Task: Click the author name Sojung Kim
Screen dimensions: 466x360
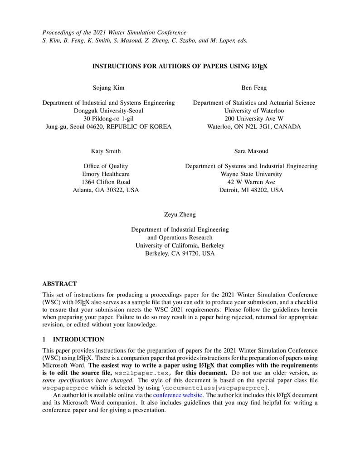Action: (x=108, y=87)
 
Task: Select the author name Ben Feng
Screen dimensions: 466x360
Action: (x=254, y=87)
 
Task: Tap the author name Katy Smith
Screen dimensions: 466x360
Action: (x=106, y=151)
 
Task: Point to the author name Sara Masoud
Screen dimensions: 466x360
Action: (x=251, y=151)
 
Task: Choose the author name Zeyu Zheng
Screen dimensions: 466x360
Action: (x=180, y=214)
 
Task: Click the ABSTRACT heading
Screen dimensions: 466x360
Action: (x=59, y=284)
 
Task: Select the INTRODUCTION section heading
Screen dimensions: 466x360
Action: (x=78, y=340)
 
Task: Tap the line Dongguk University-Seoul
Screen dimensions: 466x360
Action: (x=108, y=111)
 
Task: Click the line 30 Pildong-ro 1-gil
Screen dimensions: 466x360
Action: (x=108, y=119)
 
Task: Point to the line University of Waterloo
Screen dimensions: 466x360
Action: (x=254, y=111)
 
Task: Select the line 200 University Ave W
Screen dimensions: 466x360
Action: (x=254, y=119)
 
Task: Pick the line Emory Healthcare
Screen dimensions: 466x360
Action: (x=106, y=174)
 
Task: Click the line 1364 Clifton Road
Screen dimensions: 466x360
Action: (x=106, y=182)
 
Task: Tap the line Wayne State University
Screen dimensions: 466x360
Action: (x=251, y=174)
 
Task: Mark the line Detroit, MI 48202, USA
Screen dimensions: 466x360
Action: (x=251, y=190)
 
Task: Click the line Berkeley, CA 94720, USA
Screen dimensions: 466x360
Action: (x=180, y=254)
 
